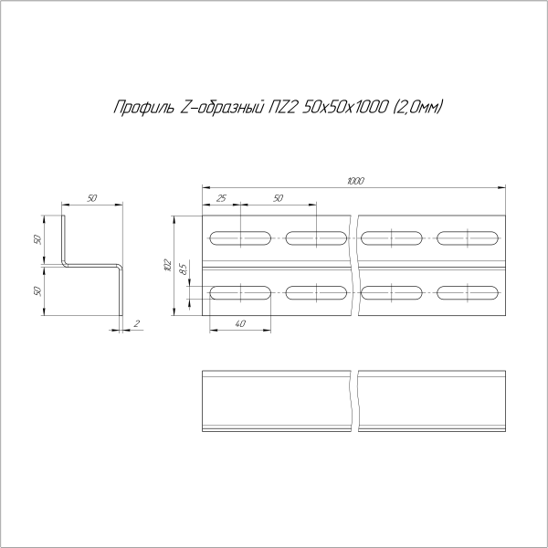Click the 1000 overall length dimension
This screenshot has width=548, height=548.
click(355, 181)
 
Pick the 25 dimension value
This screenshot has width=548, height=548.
click(221, 198)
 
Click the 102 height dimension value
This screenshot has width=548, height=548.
click(167, 265)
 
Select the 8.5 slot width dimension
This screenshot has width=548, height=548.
click(183, 270)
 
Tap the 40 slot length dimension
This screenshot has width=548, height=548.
click(239, 323)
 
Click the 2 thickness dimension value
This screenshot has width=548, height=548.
click(136, 323)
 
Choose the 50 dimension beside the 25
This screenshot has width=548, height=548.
click(278, 198)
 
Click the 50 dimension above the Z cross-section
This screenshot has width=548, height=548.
click(92, 198)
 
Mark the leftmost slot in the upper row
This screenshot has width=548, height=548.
click(241, 239)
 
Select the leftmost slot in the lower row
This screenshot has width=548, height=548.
click(241, 293)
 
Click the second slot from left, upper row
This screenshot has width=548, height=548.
click(317, 239)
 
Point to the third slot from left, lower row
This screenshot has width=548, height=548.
click(393, 293)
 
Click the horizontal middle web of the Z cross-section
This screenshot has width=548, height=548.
click(93, 266)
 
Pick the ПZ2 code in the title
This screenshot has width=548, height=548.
click(283, 108)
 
